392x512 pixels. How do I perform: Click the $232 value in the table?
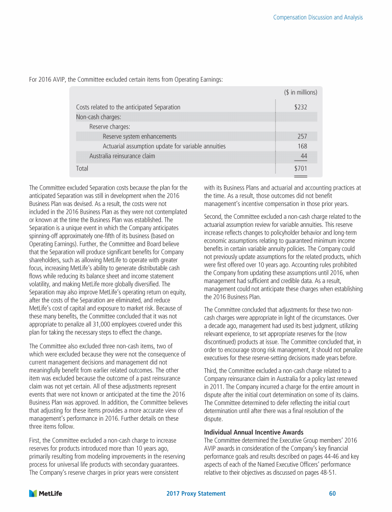pyautogui.click(x=301, y=107)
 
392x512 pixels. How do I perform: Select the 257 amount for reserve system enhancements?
pyautogui.click(x=302, y=136)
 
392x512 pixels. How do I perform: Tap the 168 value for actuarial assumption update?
pyautogui.click(x=302, y=146)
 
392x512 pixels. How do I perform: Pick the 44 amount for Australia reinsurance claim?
pyautogui.click(x=304, y=156)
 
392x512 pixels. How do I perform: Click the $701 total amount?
pyautogui.click(x=301, y=168)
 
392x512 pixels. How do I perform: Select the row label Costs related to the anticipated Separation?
pyautogui.click(x=128, y=107)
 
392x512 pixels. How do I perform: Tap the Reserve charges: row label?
pyautogui.click(x=109, y=126)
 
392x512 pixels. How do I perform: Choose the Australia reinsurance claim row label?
pyautogui.click(x=122, y=156)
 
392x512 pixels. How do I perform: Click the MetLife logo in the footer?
pyautogui.click(x=45, y=494)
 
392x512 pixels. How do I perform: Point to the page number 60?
pyautogui.click(x=332, y=494)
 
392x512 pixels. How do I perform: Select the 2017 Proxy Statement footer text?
pyautogui.click(x=196, y=494)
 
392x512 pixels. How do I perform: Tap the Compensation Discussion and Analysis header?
pyautogui.click(x=318, y=17)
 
